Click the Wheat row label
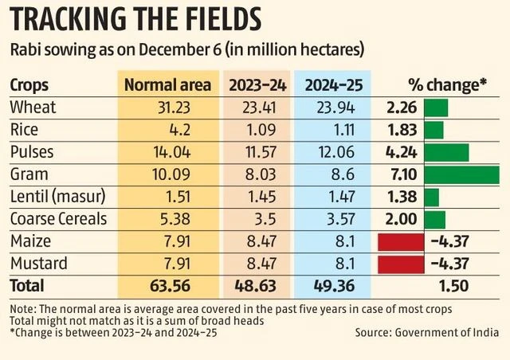point(31,108)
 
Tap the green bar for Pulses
point(446,152)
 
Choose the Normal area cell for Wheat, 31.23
point(169,108)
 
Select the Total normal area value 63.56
point(169,285)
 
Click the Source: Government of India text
point(426,332)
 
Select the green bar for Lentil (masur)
point(432,197)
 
